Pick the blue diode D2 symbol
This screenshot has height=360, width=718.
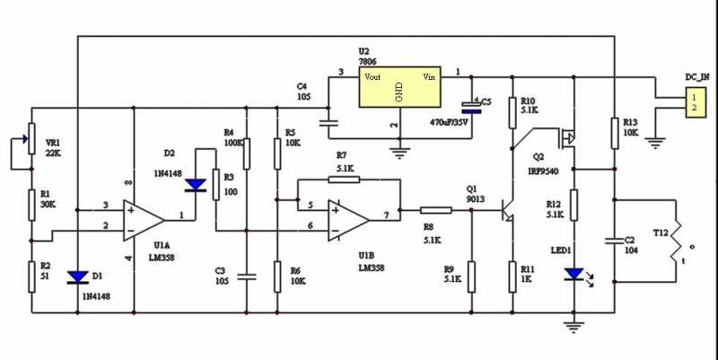[x=195, y=186]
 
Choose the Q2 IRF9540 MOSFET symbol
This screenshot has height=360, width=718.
[x=566, y=138]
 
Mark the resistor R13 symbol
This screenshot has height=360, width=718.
[x=614, y=132]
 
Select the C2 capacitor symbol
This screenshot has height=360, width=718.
[x=614, y=240]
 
